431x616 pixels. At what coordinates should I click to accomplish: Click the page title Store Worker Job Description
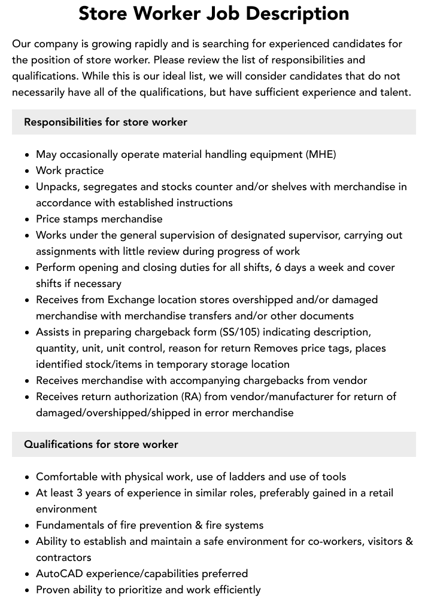click(x=214, y=13)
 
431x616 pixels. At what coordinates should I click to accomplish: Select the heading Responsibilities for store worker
click(x=105, y=122)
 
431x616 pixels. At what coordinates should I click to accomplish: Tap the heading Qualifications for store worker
click(x=101, y=444)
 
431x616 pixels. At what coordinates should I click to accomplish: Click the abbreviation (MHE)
click(x=321, y=154)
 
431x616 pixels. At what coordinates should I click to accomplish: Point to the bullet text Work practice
click(x=69, y=170)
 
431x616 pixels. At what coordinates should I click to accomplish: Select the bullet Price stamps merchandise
click(x=99, y=219)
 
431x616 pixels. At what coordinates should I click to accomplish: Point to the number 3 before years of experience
click(x=79, y=493)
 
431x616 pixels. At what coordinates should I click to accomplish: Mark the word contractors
click(x=63, y=557)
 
